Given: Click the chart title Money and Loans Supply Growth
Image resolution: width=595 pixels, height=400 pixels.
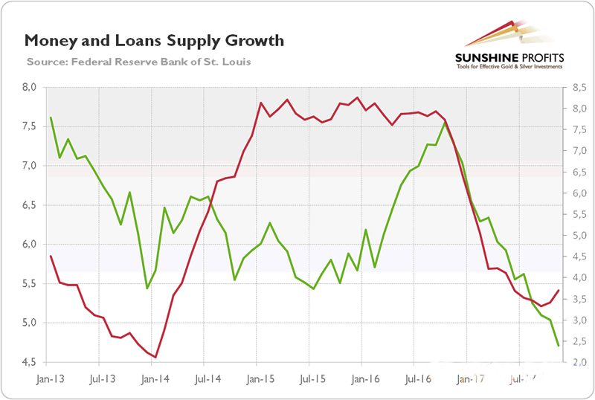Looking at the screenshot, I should [x=154, y=40].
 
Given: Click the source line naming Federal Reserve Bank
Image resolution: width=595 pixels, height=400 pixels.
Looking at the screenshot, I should [x=138, y=61].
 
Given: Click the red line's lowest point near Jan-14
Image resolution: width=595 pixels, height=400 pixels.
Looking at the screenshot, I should [x=155, y=358].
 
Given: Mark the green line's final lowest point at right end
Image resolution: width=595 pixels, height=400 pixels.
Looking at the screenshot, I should [x=559, y=346].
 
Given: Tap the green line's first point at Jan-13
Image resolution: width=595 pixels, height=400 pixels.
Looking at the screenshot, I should [x=51, y=117].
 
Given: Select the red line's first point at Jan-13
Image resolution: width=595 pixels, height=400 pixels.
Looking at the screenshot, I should [x=51, y=257].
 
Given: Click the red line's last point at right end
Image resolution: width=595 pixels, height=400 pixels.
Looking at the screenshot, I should [x=559, y=291].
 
